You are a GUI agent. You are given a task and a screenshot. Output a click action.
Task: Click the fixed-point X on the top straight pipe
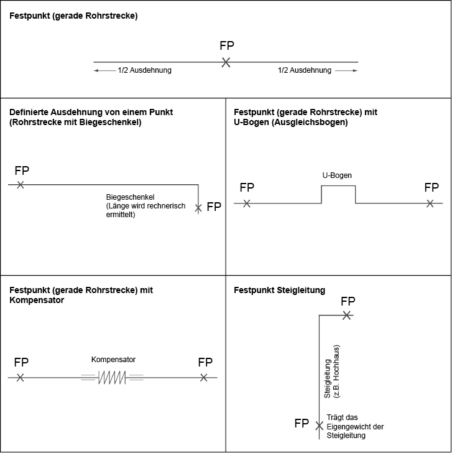(x=226, y=62)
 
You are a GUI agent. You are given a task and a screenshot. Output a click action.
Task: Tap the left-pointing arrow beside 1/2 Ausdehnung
(x=104, y=70)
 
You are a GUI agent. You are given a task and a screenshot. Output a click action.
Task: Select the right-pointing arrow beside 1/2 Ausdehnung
(x=346, y=70)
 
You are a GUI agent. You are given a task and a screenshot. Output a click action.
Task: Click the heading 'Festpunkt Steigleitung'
(x=279, y=290)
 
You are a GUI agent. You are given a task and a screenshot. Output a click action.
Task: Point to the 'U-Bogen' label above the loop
(x=337, y=175)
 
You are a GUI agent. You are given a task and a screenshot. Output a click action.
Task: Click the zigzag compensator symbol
(x=112, y=377)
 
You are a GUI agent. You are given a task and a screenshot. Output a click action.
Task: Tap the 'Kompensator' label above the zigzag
(x=113, y=360)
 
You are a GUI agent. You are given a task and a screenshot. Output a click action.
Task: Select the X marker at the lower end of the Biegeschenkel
(x=198, y=208)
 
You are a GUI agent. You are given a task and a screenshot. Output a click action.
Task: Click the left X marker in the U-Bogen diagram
(x=246, y=203)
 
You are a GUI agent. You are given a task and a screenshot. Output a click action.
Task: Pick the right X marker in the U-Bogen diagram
(x=430, y=203)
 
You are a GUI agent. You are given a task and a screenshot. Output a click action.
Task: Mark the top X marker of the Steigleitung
(x=347, y=315)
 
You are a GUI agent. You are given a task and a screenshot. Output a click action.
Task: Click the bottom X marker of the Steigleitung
(x=319, y=426)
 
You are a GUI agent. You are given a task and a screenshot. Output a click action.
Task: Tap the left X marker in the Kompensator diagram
(x=20, y=377)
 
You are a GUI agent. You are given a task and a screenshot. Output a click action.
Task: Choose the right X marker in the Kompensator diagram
(x=203, y=377)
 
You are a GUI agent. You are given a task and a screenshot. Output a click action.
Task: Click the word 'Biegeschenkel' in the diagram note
(x=130, y=197)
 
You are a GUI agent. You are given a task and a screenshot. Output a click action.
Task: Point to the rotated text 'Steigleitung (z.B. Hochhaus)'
(x=332, y=371)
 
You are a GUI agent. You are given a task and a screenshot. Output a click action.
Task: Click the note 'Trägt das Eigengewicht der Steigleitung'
(x=355, y=426)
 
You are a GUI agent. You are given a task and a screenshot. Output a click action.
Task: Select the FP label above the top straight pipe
(x=227, y=45)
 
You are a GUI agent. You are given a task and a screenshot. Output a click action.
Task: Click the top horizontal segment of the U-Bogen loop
(x=338, y=186)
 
